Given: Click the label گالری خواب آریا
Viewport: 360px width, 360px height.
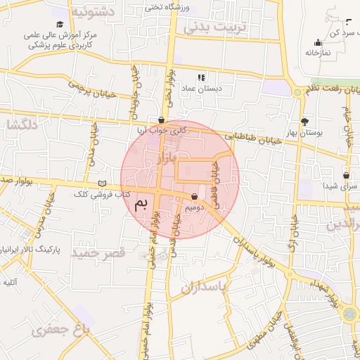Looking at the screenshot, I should tap(162, 130).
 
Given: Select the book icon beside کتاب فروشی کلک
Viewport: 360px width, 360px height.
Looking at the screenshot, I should tap(103, 183).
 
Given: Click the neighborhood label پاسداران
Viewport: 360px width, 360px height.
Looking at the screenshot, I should tap(205, 287).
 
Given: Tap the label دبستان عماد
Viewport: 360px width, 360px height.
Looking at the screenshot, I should tap(201, 89).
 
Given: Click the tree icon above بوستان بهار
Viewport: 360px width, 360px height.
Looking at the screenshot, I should tap(304, 122).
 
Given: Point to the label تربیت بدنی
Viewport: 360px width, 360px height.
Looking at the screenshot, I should tap(217, 27).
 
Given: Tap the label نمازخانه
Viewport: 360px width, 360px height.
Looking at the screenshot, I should tap(319, 52).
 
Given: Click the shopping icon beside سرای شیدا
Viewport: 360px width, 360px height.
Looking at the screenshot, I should tap(347, 175).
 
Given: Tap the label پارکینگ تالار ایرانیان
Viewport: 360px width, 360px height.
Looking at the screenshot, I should tap(30, 250).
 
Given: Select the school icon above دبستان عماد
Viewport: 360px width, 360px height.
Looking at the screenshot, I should tap(201, 77).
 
